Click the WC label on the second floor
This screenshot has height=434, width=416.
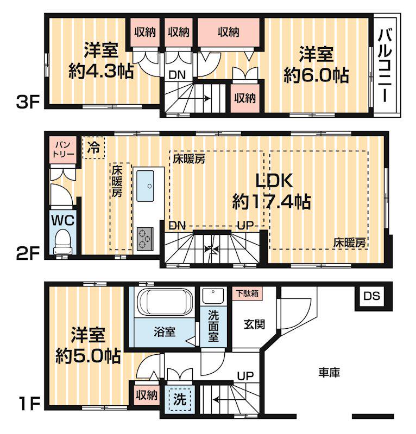click(63, 220)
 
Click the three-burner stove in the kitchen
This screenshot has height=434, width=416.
click(145, 238)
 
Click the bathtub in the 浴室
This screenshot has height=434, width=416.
click(163, 302)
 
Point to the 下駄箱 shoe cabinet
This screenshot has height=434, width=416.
click(247, 293)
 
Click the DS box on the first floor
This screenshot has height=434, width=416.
click(372, 296)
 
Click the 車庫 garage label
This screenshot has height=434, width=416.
click(329, 373)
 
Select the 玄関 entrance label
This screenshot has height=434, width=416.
click(254, 325)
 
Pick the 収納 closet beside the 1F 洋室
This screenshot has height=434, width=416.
click(147, 394)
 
